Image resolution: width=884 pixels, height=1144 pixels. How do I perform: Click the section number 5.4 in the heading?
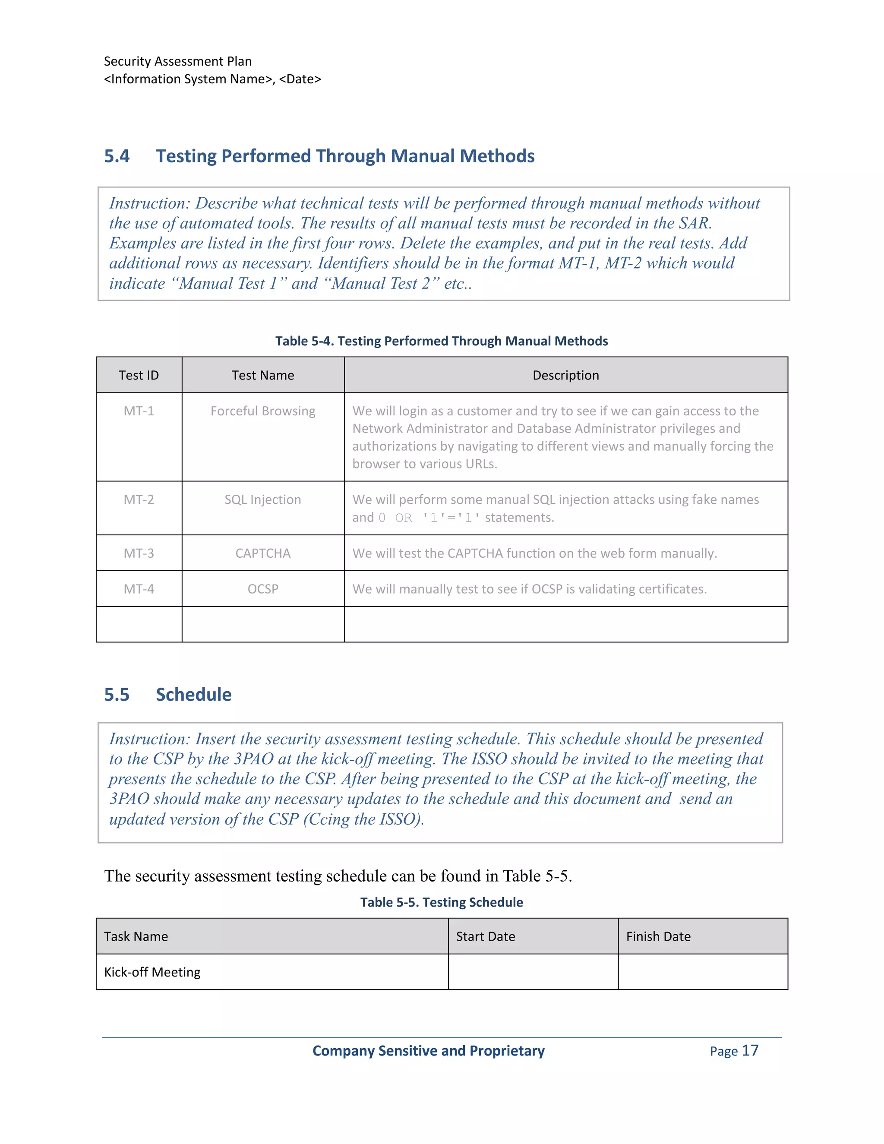coord(117,156)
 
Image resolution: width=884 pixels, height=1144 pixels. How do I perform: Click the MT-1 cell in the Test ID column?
coord(139,411)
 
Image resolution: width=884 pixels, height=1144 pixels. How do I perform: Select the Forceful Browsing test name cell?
coord(263,411)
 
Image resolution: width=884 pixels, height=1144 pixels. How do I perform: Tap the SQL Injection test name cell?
coord(263,500)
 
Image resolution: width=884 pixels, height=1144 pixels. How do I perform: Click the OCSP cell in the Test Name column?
coord(263,589)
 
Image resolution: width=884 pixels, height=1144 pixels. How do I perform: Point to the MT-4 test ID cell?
coord(139,589)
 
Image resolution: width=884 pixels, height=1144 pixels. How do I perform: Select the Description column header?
coord(565,376)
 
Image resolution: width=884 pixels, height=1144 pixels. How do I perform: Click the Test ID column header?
coord(139,376)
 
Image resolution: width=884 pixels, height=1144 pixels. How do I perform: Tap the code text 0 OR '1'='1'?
coord(429,518)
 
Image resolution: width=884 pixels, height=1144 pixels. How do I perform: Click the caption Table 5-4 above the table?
coord(442,341)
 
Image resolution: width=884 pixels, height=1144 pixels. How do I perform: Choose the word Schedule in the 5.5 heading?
coord(194,695)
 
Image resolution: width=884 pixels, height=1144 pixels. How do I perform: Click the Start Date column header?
coord(486,937)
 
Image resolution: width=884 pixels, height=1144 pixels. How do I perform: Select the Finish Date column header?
coord(658,937)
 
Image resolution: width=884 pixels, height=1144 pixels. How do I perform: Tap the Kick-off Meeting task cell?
coord(152,972)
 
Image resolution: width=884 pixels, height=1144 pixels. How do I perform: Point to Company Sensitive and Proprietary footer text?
coord(428,1051)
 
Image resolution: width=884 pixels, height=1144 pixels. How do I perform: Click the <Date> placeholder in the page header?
coord(300,79)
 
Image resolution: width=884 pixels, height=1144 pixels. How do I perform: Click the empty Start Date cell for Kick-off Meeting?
coord(533,972)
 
